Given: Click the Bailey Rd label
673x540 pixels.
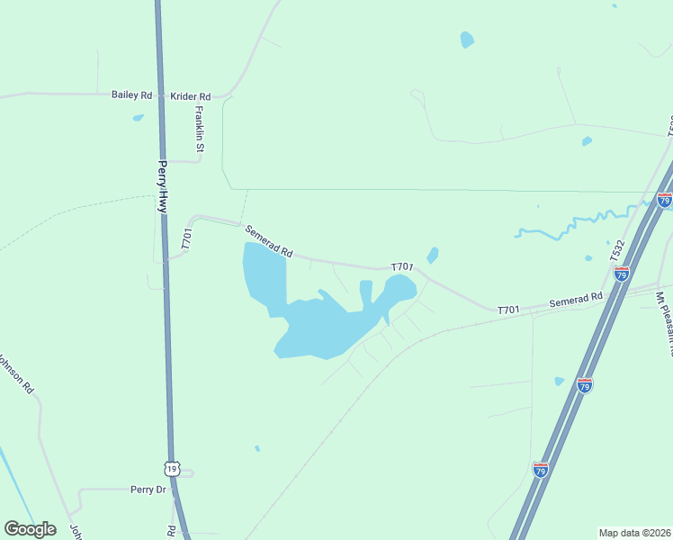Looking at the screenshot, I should point(131,94).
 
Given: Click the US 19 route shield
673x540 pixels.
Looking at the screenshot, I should point(173,468).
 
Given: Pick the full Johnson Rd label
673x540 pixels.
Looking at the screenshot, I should point(15,374).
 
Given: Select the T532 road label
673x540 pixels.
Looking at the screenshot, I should point(617,251).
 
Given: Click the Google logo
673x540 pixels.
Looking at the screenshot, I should point(30,529).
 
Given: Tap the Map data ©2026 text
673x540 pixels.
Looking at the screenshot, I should point(634,533).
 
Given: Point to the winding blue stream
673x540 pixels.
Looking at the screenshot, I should point(576,223).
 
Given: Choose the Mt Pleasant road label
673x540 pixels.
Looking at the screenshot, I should point(663,311).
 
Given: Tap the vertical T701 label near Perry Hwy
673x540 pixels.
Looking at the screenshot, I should point(187,238).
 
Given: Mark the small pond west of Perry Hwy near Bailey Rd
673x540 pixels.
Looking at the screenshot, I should point(138,118).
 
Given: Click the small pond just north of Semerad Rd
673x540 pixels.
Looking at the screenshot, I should point(433,256).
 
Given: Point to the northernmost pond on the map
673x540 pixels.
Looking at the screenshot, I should point(466,40).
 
